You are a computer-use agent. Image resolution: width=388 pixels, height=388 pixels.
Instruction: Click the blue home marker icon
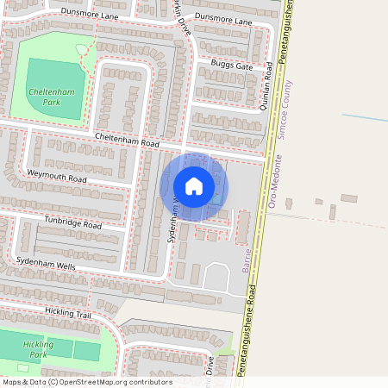click(194, 186)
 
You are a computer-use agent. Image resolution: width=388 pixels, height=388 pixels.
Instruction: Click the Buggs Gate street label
click(232, 66)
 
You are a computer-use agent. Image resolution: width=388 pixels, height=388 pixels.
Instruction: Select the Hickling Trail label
click(66, 314)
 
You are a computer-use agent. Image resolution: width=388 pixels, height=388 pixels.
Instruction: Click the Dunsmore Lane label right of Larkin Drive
click(222, 19)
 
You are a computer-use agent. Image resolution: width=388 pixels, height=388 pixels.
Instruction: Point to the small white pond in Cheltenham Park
click(82, 50)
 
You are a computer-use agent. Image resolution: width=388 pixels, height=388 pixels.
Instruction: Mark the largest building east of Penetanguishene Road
click(348, 198)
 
